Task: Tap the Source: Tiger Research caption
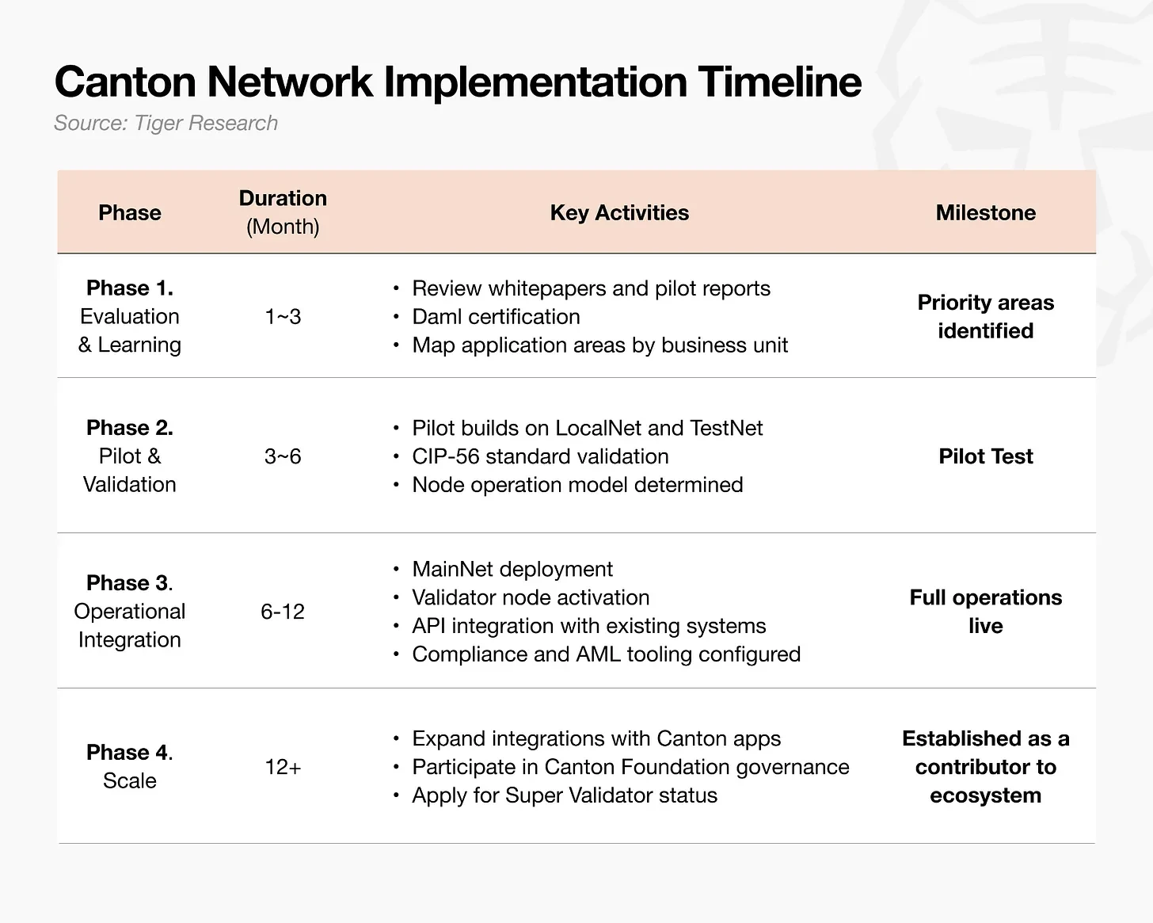click(166, 123)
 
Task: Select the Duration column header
click(283, 212)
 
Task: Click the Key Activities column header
click(619, 213)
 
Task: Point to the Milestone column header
click(986, 213)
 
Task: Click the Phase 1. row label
click(130, 288)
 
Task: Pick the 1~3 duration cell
click(283, 316)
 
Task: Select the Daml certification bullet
click(497, 317)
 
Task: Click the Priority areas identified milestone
click(986, 316)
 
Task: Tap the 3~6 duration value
click(283, 456)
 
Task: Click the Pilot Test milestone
click(986, 456)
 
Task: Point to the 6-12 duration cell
click(283, 611)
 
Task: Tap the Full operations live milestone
click(986, 611)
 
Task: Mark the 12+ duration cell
click(283, 766)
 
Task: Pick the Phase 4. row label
click(130, 752)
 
